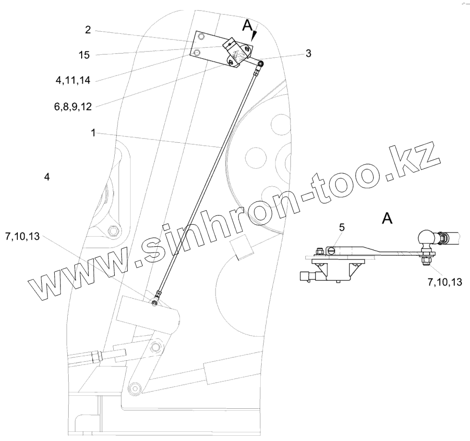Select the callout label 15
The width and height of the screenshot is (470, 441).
tap(84, 55)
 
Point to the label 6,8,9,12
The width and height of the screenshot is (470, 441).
tap(73, 106)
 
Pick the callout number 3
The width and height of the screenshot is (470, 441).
tap(308, 53)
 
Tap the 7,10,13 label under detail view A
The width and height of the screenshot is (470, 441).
tap(444, 283)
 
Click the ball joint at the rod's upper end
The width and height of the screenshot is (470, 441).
tap(260, 64)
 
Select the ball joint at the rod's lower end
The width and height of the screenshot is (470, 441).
tap(155, 302)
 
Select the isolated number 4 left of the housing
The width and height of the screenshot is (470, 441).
tap(47, 177)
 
